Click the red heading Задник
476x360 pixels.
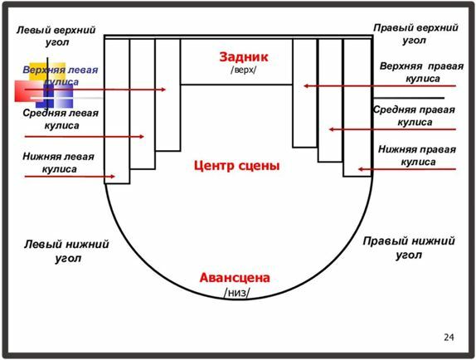244,57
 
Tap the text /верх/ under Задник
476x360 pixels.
244,70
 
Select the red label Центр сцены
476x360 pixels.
236,166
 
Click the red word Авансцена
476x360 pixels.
235,278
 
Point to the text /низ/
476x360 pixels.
237,293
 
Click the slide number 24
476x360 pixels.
449,338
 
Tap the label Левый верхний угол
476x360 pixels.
56,36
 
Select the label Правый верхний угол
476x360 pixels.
415,34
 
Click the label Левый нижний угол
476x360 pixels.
66,251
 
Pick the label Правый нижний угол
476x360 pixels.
409,248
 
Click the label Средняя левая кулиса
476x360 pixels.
61,119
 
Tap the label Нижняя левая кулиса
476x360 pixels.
59,163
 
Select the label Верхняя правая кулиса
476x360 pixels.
421,72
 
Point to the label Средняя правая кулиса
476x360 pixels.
414,115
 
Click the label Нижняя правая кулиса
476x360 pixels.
417,155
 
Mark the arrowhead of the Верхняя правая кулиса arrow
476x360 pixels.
304,86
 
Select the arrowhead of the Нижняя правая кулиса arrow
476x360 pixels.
359,169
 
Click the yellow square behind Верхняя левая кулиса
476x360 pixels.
47,72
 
